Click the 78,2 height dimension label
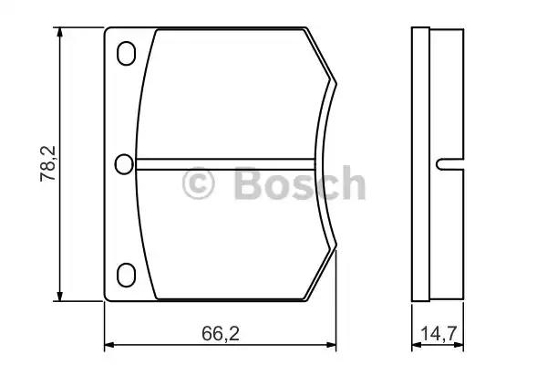(x=47, y=163)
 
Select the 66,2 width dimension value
(x=221, y=334)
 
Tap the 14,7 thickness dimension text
(x=439, y=334)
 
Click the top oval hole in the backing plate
(x=126, y=54)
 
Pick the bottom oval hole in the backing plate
(x=126, y=276)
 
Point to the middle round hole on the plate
(x=124, y=164)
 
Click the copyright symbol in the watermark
(x=198, y=183)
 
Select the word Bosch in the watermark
(x=300, y=182)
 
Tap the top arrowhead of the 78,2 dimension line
(x=60, y=32)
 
